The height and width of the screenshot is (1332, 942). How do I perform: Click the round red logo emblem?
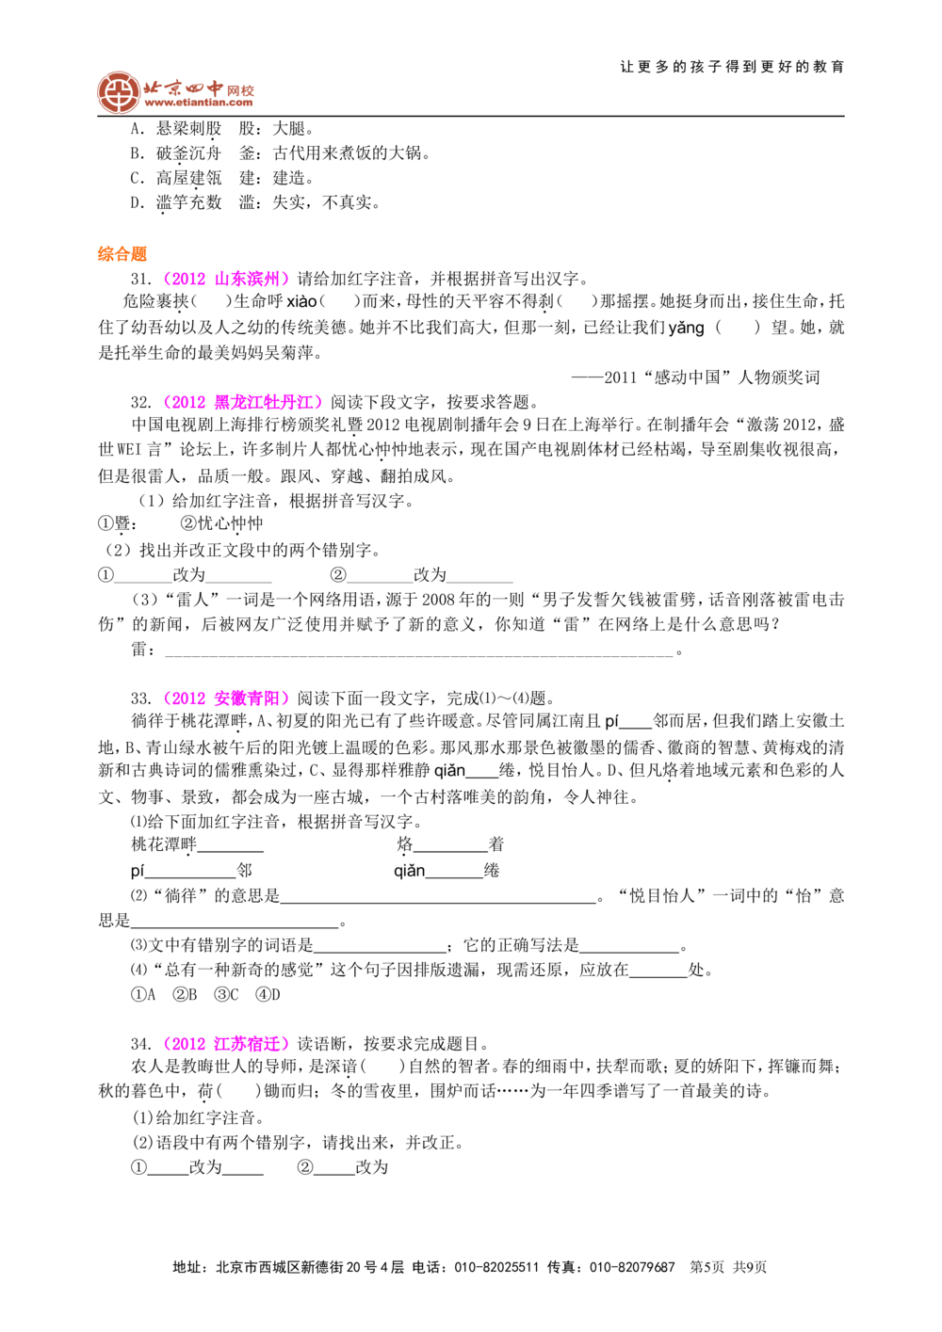click(x=118, y=92)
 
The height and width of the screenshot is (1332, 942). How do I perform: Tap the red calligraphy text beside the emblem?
click(x=198, y=90)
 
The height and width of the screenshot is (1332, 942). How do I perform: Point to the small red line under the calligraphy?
click(x=199, y=106)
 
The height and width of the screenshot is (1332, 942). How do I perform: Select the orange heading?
click(x=122, y=253)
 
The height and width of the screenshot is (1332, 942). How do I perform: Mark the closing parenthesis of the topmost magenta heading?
click(x=286, y=279)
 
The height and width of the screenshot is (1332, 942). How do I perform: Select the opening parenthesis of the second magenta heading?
click(x=167, y=403)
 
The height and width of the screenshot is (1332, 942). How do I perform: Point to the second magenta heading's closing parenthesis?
click(x=318, y=403)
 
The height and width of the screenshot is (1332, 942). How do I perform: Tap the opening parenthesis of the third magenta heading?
click(x=166, y=698)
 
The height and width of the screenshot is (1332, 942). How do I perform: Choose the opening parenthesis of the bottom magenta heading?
click(x=166, y=1043)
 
